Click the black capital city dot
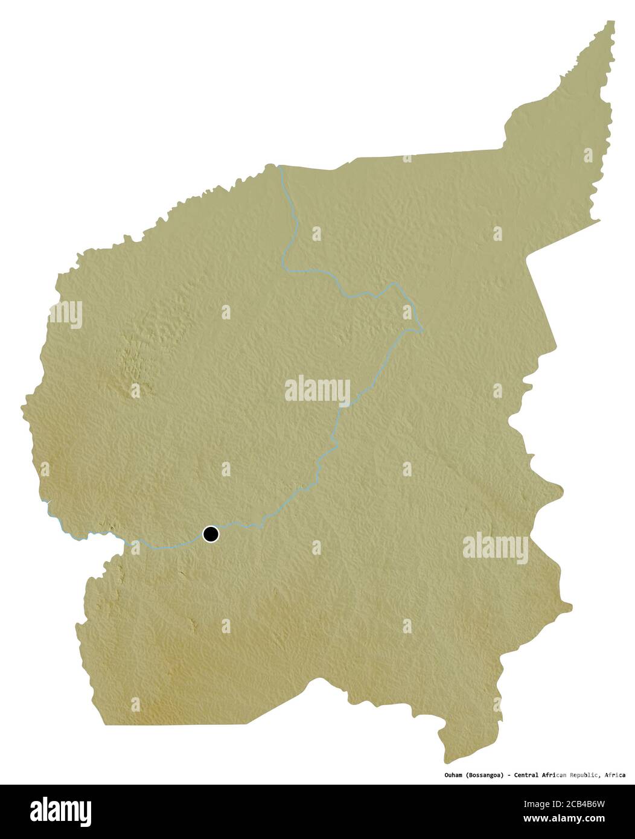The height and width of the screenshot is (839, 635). click(211, 534)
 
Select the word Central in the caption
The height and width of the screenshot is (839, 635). click(529, 775)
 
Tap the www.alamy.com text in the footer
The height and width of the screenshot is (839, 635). click(563, 819)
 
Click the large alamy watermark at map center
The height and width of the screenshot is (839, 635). click(317, 390)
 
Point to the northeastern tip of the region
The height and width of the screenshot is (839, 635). click(611, 23)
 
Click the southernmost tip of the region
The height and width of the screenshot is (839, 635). click(447, 762)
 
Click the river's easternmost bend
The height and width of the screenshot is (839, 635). click(421, 329)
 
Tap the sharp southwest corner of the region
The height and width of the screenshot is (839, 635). click(105, 724)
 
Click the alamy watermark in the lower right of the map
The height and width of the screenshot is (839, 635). click(496, 548)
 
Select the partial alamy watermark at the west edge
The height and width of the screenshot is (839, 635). click(66, 314)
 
